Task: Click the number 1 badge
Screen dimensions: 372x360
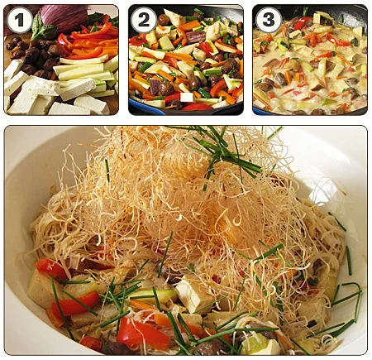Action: (20, 20)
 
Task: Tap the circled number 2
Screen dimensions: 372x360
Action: (144, 20)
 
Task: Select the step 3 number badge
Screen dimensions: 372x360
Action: (269, 20)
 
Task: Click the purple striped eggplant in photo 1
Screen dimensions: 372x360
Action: (64, 17)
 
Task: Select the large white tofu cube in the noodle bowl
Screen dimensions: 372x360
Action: (193, 294)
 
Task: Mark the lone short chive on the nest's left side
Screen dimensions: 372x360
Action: (107, 170)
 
